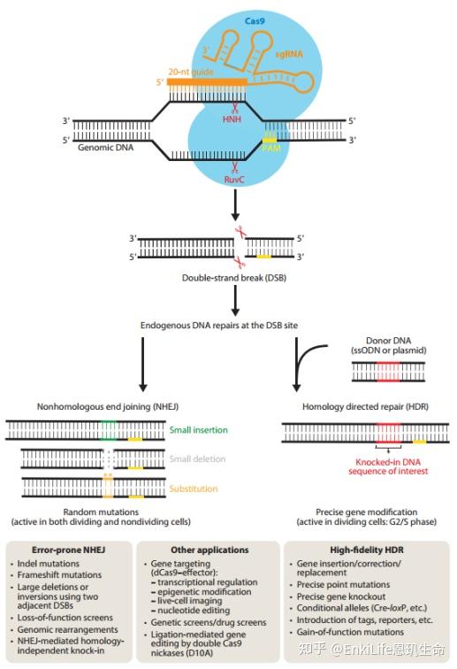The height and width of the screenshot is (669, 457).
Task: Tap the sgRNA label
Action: click(x=309, y=55)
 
